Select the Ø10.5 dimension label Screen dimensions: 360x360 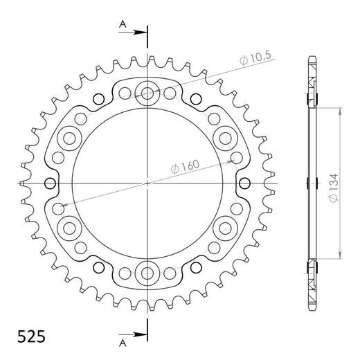pyautogui.click(x=255, y=61)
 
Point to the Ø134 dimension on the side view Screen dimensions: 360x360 pyautogui.click(x=333, y=183)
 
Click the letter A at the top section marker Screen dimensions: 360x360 pyautogui.click(x=122, y=24)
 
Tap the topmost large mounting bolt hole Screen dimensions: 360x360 pyautogui.click(x=147, y=92)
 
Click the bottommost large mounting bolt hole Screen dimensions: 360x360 pyautogui.click(x=147, y=273)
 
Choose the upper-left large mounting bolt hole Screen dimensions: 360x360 pyautogui.click(x=69, y=138)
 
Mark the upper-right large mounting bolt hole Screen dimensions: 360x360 pyautogui.click(x=226, y=138)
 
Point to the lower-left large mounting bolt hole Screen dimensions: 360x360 pyautogui.click(x=69, y=228)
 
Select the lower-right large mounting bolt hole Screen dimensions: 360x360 pyautogui.click(x=226, y=228)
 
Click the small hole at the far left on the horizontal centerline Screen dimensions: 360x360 pyautogui.click(x=51, y=183)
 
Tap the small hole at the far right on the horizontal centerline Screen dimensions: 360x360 pyautogui.click(x=245, y=183)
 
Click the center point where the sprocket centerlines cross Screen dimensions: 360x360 pyautogui.click(x=147, y=183)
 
